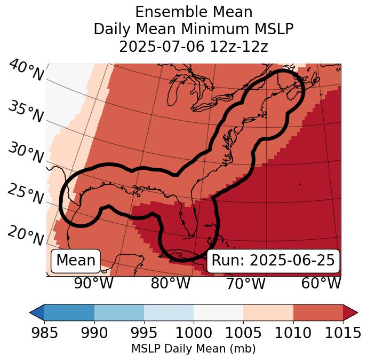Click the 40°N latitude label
[26, 70]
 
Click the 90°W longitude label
[94, 284]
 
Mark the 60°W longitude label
[321, 284]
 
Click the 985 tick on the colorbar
[44, 333]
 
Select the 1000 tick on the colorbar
[194, 333]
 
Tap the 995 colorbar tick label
[144, 333]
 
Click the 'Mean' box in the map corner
[76, 261]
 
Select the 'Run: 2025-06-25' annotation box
[273, 261]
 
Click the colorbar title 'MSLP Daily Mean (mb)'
[193, 349]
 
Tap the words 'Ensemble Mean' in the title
[193, 12]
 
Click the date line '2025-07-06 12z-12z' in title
[193, 46]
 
